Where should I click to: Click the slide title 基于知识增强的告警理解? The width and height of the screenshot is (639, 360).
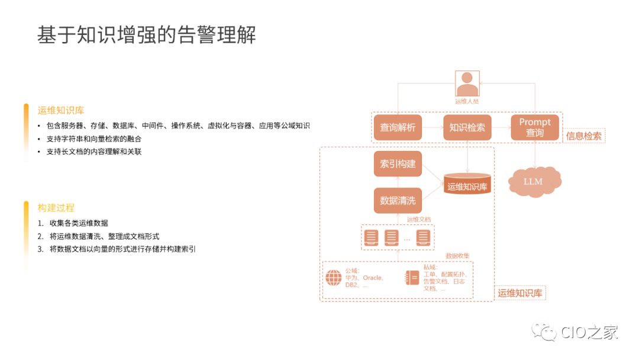147,35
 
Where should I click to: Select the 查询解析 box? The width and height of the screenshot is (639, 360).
398,127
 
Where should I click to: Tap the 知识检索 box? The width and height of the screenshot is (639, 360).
467,127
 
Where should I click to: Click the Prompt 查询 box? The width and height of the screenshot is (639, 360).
535,127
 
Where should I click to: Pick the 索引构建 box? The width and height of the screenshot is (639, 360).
398,164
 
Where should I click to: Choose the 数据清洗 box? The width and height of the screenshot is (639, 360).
398,201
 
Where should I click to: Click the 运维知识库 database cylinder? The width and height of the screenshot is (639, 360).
467,184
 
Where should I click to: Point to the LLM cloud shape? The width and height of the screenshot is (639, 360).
534,181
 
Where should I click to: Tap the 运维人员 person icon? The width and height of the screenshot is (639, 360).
467,83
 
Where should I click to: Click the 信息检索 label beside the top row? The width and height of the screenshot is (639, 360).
584,136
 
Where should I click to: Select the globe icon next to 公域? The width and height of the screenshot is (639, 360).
334,278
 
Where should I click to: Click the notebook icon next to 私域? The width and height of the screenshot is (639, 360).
412,278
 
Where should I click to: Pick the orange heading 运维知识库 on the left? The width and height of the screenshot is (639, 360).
61,110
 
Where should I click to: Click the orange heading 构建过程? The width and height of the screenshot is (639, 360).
56,208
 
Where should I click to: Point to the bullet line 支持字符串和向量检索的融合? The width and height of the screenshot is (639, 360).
93,139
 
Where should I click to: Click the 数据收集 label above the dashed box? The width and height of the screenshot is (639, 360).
457,255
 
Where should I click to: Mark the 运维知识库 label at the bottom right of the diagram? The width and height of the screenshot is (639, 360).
519,293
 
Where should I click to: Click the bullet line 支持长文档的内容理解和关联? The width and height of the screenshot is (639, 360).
93,152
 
